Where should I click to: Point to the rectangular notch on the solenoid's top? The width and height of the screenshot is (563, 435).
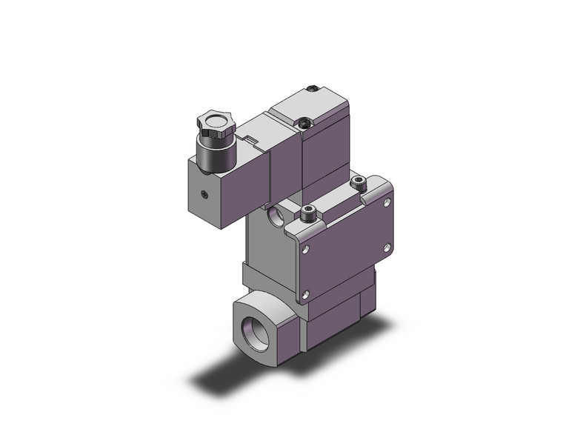(253, 139)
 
